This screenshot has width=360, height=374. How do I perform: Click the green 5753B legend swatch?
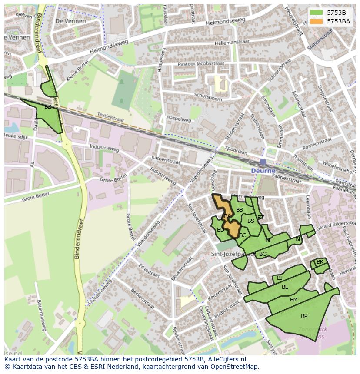(x=316, y=13)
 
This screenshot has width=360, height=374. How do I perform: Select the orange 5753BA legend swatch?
(x=316, y=21)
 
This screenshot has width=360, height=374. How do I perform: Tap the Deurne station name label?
(x=263, y=171)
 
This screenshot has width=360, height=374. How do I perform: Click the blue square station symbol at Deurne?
(x=263, y=162)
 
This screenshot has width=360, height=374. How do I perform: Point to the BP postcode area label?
(x=304, y=316)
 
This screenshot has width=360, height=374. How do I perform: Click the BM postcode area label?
(x=294, y=300)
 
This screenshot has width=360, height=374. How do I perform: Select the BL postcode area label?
(x=285, y=287)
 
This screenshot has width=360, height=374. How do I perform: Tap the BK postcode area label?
(x=320, y=262)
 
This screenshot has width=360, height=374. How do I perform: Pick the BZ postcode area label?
(x=48, y=107)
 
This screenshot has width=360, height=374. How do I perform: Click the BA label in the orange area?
(x=227, y=216)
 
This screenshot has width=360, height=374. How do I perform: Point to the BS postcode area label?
(x=251, y=221)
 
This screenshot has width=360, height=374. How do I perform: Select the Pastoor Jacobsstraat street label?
(x=201, y=64)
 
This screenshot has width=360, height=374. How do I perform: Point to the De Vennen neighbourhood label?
(x=70, y=21)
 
